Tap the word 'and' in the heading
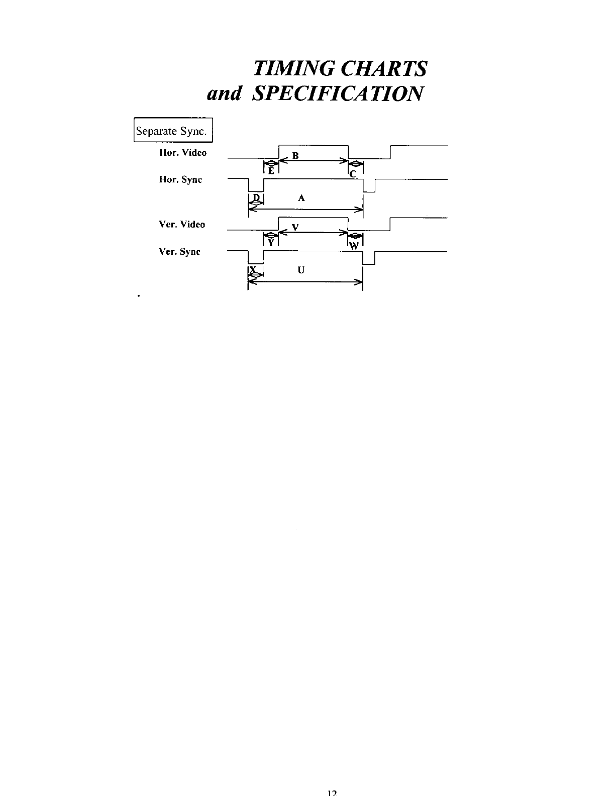tap(225, 94)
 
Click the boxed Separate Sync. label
tap(173, 131)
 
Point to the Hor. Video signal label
tap(183, 153)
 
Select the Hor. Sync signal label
tap(180, 180)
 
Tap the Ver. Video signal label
tap(182, 225)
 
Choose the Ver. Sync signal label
tap(179, 252)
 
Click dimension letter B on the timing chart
tap(296, 156)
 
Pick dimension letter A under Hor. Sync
tap(301, 198)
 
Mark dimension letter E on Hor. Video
tap(270, 171)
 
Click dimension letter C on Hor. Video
tap(353, 174)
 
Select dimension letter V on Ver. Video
tap(296, 227)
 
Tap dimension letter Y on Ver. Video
tap(270, 243)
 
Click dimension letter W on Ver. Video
tap(354, 246)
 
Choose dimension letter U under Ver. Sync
tap(301, 270)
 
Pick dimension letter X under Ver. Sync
tap(253, 269)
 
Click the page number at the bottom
tap(331, 792)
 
